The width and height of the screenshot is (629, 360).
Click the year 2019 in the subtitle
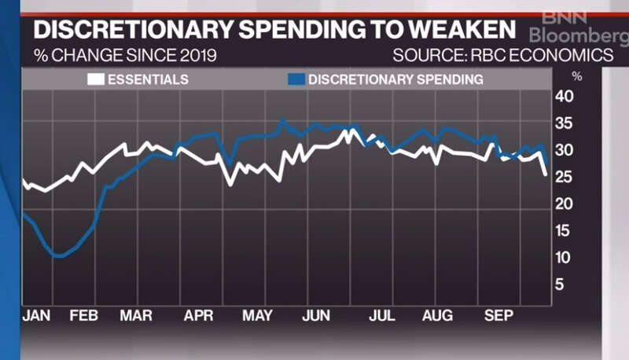pyautogui.click(x=193, y=56)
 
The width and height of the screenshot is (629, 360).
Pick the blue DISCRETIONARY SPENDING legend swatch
pyautogui.click(x=296, y=79)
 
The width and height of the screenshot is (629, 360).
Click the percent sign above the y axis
pyautogui.click(x=576, y=76)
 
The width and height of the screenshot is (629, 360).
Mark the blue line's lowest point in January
pyautogui.click(x=58, y=256)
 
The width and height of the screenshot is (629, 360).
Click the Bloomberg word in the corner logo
pyautogui.click(x=578, y=36)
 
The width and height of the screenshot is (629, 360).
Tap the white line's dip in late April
pyautogui.click(x=230, y=185)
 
